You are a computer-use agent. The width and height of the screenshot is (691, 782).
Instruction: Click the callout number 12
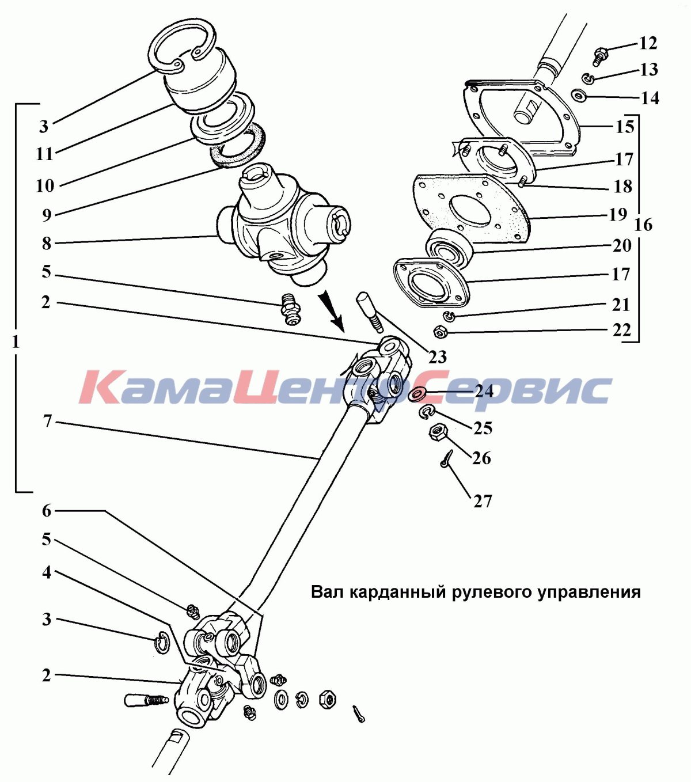tap(648, 43)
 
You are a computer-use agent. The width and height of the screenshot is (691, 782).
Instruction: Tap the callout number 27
tap(483, 502)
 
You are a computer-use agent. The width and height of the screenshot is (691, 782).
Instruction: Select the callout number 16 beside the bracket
tap(643, 225)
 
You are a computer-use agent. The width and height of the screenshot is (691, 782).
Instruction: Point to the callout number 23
tap(438, 357)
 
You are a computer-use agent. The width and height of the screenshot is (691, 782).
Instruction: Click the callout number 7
tap(47, 422)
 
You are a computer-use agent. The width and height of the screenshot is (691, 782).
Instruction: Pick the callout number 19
tap(618, 215)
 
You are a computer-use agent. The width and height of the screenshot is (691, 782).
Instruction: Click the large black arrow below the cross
tap(332, 309)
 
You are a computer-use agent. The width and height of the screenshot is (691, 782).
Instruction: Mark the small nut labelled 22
tap(440, 332)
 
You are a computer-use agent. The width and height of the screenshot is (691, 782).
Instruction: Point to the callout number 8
tap(47, 244)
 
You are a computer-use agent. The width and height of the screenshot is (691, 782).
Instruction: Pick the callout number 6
tap(47, 511)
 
